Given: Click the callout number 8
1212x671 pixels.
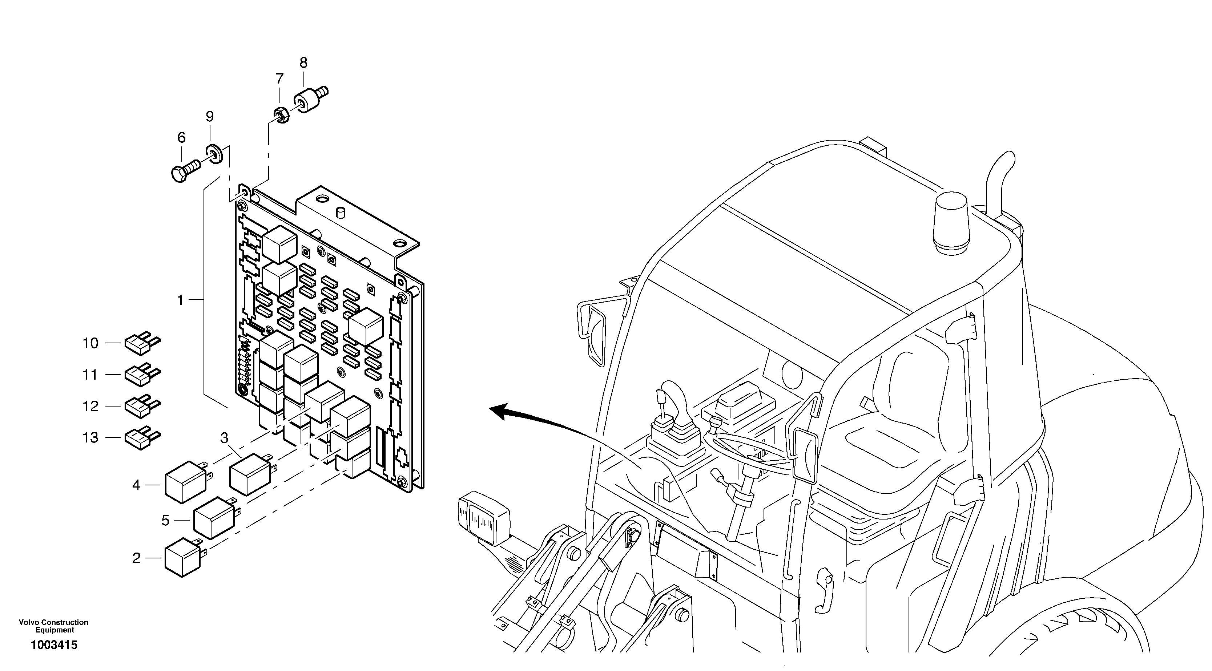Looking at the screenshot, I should coord(303,62).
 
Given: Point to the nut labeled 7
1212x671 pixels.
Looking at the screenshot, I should coord(281,115).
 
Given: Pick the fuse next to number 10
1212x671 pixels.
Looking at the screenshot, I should coord(141,343).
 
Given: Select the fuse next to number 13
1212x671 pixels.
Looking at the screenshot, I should coord(141,438).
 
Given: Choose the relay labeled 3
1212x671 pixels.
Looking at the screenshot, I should coord(249,474).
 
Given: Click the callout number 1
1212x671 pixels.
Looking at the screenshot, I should coord(180,300).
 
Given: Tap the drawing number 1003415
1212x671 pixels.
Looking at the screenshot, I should coord(54,645).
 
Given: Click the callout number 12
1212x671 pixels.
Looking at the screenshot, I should coord(90,406).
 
